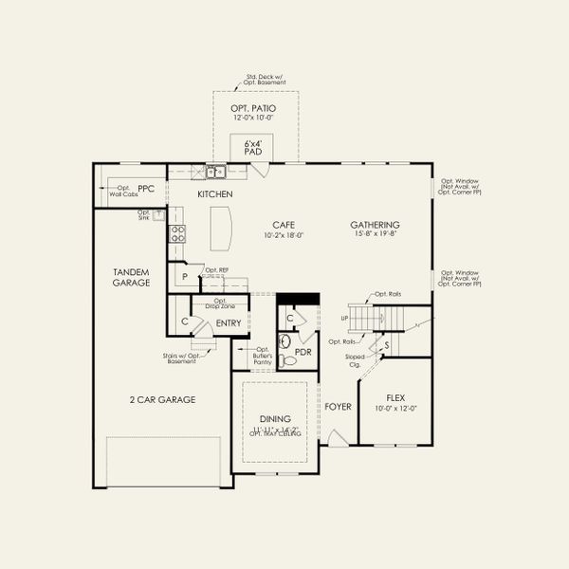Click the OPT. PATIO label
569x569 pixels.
click(x=253, y=109)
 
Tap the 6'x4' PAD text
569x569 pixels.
click(x=252, y=146)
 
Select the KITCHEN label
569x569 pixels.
click(x=214, y=194)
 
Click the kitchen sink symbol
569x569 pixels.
click(x=215, y=172)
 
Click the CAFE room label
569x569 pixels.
click(x=284, y=225)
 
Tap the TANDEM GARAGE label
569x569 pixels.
click(x=131, y=277)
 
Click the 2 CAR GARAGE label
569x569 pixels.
click(x=163, y=399)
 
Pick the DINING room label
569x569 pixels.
click(x=274, y=418)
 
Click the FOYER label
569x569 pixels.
click(x=338, y=407)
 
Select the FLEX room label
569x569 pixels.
click(x=395, y=398)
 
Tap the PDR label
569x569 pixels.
click(x=303, y=352)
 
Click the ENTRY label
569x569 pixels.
click(x=228, y=323)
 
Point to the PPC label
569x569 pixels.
click(x=145, y=189)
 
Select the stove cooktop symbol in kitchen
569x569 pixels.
click(x=177, y=232)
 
